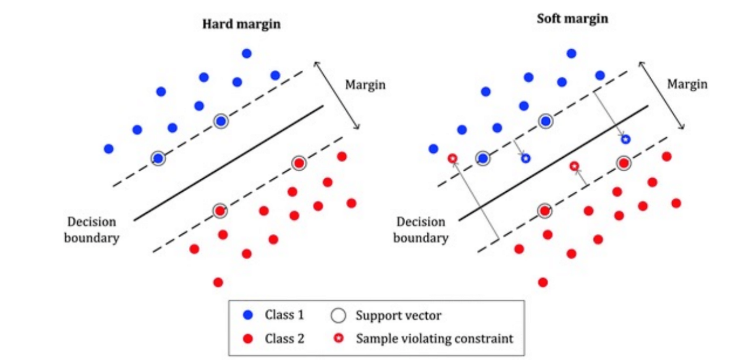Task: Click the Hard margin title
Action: (x=241, y=24)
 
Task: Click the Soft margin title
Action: (x=572, y=19)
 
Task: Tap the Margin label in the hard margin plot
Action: (x=365, y=85)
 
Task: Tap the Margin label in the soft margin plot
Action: (x=687, y=84)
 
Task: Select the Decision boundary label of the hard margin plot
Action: (x=91, y=229)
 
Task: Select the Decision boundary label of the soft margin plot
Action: (x=421, y=229)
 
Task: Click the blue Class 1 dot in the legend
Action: (x=248, y=315)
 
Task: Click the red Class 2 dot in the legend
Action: (x=248, y=339)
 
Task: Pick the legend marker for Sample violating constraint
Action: (x=339, y=338)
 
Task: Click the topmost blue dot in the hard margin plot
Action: (x=247, y=53)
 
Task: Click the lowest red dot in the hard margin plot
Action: (x=218, y=282)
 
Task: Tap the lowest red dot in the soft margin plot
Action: (x=543, y=282)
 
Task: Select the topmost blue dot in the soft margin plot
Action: (x=571, y=53)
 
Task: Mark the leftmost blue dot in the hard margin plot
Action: (x=108, y=149)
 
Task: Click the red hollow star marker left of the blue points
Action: (x=452, y=159)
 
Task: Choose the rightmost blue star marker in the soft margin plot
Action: (x=626, y=140)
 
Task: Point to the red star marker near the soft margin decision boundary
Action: (x=574, y=166)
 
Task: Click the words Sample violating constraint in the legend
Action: (x=435, y=339)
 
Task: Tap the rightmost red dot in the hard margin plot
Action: (x=351, y=203)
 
